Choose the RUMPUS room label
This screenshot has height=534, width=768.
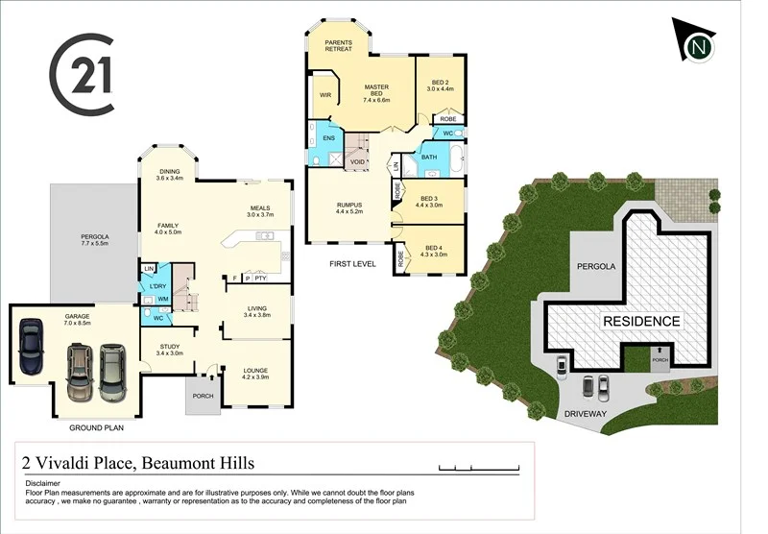348,206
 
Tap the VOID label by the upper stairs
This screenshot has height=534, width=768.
358,161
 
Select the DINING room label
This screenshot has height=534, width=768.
170,175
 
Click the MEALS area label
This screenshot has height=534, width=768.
260,211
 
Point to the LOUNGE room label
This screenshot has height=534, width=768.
255,374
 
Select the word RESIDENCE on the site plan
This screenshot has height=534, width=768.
641,322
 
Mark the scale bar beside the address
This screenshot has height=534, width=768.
479,468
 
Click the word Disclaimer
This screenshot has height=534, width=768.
43,483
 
